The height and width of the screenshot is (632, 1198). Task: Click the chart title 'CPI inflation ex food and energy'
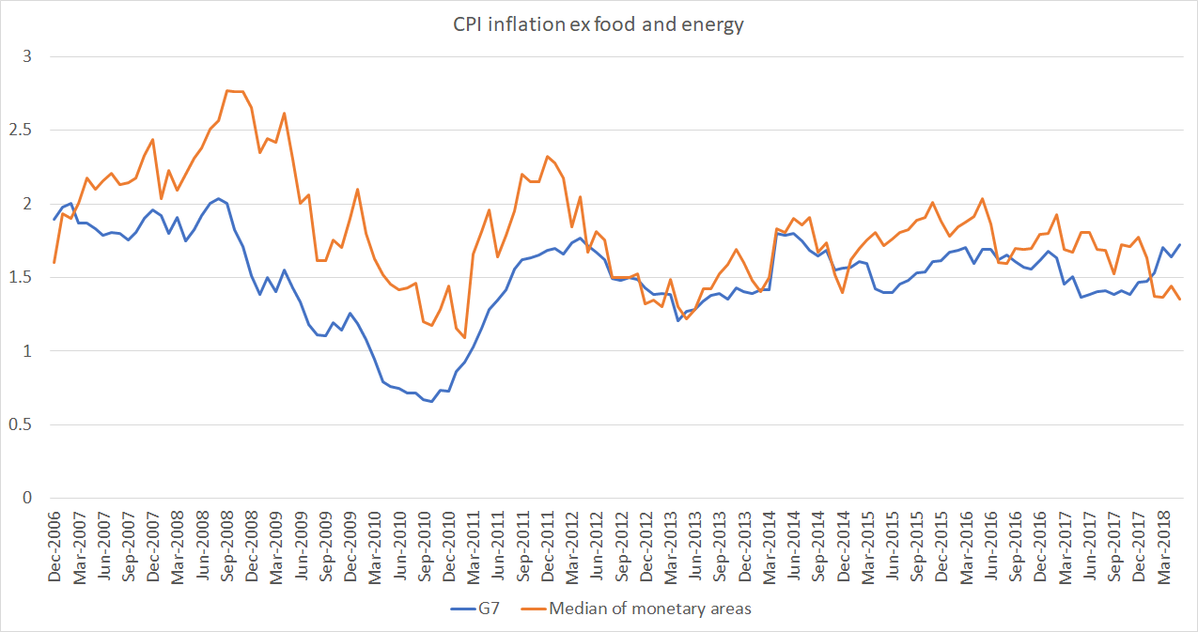pos(598,25)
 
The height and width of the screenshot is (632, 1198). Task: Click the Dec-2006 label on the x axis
pos(54,548)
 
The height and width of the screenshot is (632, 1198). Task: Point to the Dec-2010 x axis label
pos(448,548)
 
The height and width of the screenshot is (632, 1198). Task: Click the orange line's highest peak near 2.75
pos(228,90)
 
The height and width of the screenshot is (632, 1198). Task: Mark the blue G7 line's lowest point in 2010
pos(431,401)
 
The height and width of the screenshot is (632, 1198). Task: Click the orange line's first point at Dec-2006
pos(54,262)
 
